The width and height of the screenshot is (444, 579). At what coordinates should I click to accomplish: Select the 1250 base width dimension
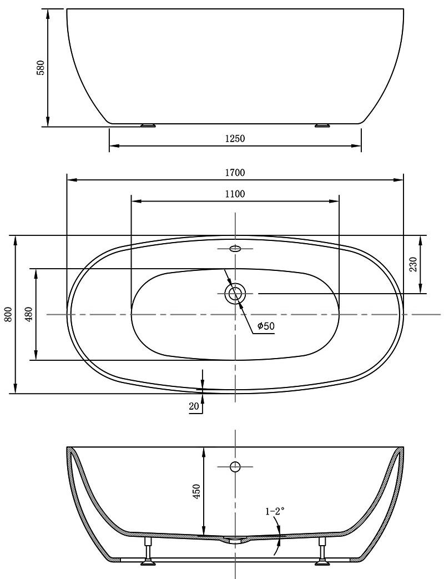[x=235, y=138]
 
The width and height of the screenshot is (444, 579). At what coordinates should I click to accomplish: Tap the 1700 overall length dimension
[x=235, y=173]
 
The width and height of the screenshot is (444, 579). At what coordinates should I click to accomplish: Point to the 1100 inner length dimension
[x=235, y=194]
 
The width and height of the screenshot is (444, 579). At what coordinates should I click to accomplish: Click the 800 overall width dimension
[x=9, y=314]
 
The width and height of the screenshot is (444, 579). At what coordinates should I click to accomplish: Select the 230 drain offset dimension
[x=413, y=264]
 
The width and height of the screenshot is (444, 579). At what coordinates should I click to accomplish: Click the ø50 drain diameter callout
[x=266, y=326]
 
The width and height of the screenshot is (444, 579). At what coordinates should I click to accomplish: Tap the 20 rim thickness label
[x=194, y=406]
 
